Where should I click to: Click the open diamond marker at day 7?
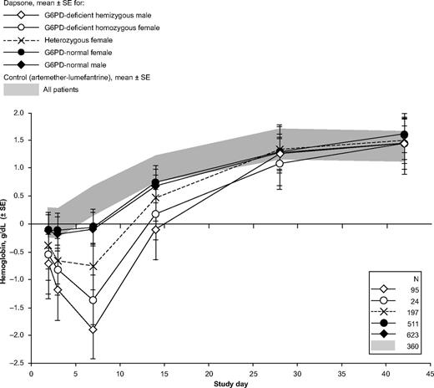pyautogui.click(x=93, y=329)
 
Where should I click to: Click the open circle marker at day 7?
pyautogui.click(x=93, y=300)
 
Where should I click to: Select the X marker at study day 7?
pyautogui.click(x=93, y=267)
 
